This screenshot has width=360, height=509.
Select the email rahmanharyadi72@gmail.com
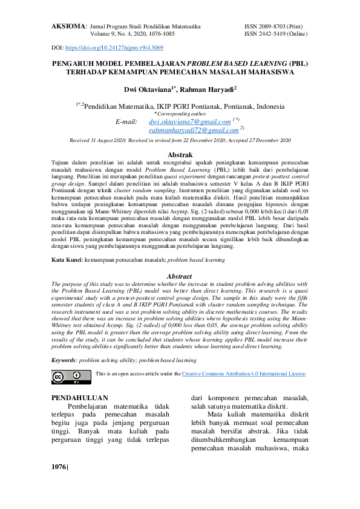click(x=193, y=130)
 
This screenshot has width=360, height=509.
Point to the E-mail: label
click(x=126, y=122)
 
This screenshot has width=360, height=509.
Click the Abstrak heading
click(x=180, y=155)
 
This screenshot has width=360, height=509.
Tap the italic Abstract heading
click(x=180, y=277)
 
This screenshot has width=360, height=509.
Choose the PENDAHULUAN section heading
click(x=80, y=398)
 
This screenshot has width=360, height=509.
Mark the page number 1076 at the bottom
click(x=60, y=467)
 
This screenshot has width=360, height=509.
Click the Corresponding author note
click(x=180, y=113)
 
